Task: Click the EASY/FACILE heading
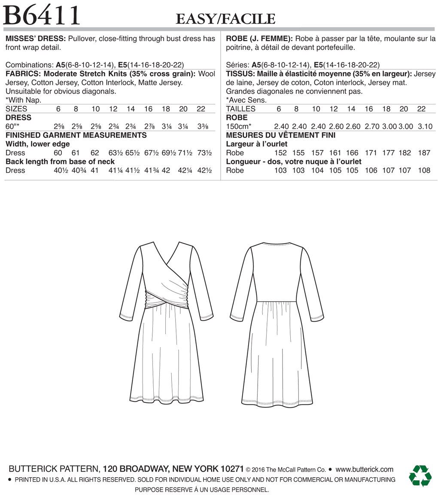pyautogui.click(x=225, y=19)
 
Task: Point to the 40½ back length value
pyautogui.click(x=61, y=171)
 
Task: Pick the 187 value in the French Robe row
pyautogui.click(x=424, y=153)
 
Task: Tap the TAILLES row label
pyautogui.click(x=241, y=109)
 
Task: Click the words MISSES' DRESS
pyautogui.click(x=36, y=39)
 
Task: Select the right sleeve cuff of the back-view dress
pyautogui.click(x=314, y=317)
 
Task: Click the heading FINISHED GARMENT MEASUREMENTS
pyautogui.click(x=76, y=135)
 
